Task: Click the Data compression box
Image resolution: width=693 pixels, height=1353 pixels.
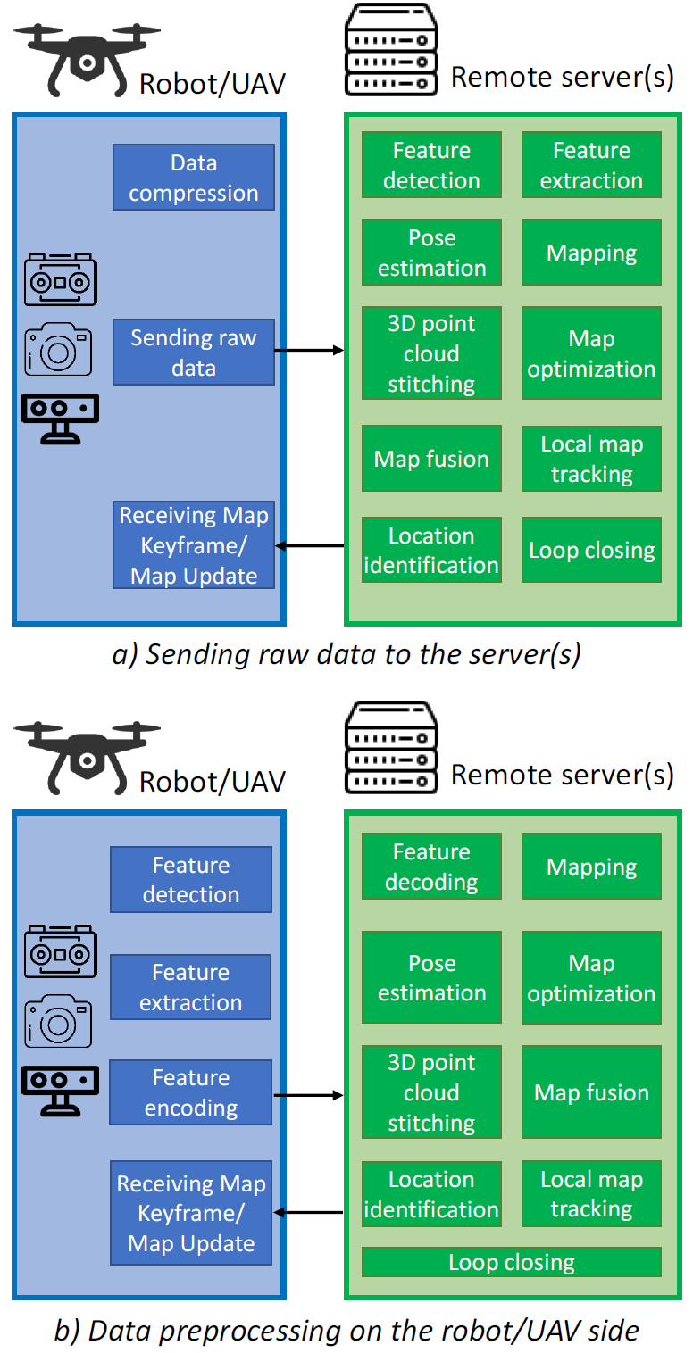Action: tap(193, 178)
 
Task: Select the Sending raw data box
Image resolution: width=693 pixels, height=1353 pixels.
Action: tap(193, 353)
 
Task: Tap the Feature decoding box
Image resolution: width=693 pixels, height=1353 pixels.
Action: tap(431, 867)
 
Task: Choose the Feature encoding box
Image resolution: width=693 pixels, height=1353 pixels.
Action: tap(190, 1092)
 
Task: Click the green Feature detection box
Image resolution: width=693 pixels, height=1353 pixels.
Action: tap(431, 165)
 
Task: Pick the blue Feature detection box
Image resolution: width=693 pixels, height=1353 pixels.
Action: tap(190, 879)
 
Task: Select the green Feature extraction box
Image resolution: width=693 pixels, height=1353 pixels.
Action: tap(591, 165)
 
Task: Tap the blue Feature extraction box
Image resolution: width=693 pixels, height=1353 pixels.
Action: tap(190, 987)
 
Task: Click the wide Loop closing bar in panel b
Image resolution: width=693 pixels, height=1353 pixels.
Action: tap(511, 1262)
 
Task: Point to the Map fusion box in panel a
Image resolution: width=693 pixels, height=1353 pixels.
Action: tap(431, 459)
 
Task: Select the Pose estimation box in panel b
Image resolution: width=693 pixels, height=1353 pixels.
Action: tap(431, 978)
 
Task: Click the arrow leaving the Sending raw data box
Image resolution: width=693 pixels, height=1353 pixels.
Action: tap(309, 351)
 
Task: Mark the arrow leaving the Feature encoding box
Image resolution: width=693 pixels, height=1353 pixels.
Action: tap(308, 1094)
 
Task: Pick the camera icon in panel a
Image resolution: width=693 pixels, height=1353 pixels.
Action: tap(59, 349)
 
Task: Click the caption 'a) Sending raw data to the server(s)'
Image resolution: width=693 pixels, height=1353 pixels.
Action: tap(346, 654)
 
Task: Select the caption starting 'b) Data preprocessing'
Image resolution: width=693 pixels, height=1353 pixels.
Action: tap(346, 1331)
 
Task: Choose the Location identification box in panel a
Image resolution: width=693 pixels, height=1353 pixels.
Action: tap(431, 551)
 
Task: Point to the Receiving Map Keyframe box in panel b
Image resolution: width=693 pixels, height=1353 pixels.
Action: tap(190, 1213)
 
